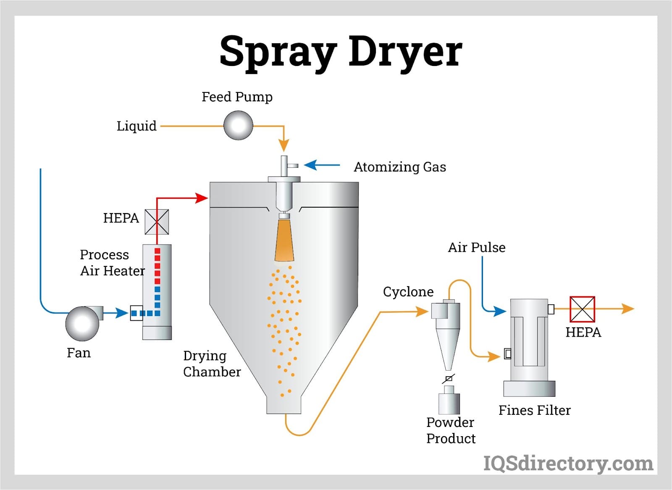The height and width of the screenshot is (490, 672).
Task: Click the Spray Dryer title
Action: pos(341,52)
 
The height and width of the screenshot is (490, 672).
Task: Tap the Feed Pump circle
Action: pos(238,125)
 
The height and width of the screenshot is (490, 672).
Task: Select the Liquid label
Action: pos(136,126)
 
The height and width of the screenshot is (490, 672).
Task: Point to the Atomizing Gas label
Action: pos(399,167)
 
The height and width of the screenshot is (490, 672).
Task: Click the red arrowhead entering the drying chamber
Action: pos(202,198)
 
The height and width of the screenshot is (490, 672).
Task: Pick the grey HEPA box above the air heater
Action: pos(157,222)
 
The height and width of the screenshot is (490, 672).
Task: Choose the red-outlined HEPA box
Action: pos(582,309)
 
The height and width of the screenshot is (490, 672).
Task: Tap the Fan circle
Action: pos(82,324)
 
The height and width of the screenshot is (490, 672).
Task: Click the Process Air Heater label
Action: pos(112,263)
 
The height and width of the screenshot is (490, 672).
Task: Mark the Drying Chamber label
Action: pos(212,364)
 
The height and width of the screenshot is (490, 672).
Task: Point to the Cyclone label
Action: pos(408,292)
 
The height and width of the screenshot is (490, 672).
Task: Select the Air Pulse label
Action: pos(476,248)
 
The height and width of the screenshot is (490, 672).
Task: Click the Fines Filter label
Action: pos(534,410)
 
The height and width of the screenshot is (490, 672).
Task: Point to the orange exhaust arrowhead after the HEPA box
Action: pos(628,309)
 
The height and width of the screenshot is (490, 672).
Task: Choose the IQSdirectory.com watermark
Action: pos(568,464)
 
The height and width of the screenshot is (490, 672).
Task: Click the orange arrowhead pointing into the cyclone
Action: pos(422,312)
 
